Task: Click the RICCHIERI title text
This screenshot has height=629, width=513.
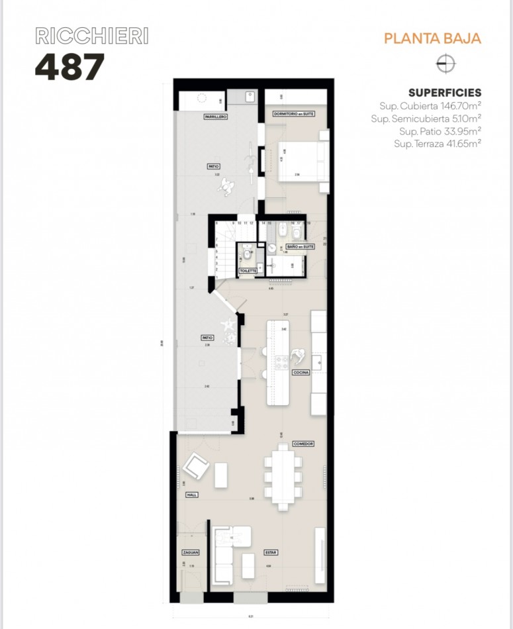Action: coord(91,36)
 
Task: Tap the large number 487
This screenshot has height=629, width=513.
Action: coord(70,66)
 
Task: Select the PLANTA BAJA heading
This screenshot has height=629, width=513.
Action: coord(432,38)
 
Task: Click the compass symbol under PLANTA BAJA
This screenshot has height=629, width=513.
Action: coord(447,64)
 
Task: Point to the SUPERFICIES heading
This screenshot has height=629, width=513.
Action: coord(444,93)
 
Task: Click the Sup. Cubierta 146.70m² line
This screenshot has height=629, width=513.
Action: coord(430,105)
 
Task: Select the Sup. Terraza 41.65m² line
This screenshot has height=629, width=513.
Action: coord(437,143)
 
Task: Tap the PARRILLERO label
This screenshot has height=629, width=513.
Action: coord(216,117)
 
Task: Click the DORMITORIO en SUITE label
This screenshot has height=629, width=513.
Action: coord(293,115)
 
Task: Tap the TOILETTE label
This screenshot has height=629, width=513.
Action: coord(248,271)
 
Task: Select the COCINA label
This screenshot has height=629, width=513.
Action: coord(302,373)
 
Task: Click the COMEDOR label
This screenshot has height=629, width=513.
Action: coord(303,444)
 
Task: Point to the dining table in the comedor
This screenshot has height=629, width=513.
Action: coord(283,475)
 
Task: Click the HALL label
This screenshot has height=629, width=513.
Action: coord(192,495)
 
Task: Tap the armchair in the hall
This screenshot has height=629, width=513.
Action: coord(197,467)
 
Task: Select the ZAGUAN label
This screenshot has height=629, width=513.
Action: coord(191,552)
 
